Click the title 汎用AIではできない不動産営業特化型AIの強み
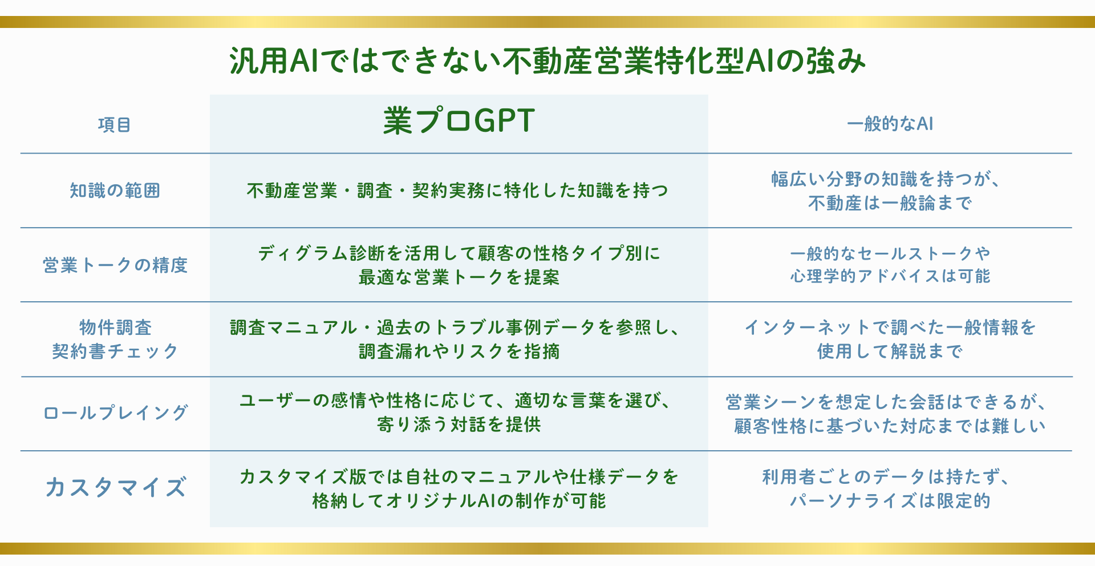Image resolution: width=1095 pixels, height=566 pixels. tap(547, 60)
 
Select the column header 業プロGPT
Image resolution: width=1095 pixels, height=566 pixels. tap(459, 121)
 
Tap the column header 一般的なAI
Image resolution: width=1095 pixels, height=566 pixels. tap(890, 124)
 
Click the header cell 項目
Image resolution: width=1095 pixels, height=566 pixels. tap(115, 124)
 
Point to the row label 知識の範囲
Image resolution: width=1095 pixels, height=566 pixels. tap(115, 191)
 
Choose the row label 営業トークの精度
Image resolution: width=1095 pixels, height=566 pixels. tap(115, 265)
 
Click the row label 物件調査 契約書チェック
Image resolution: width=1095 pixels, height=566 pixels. tap(115, 339)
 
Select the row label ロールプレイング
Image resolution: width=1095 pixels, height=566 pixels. tap(115, 413)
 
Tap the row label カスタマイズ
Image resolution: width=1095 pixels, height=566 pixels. tap(115, 488)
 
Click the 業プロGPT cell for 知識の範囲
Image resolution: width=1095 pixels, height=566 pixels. tap(458, 191)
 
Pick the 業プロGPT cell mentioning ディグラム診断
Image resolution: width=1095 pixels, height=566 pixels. tap(459, 265)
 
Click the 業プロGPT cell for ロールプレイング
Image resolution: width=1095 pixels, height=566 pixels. tap(456, 413)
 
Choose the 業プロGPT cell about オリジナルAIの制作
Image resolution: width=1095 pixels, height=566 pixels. tap(459, 488)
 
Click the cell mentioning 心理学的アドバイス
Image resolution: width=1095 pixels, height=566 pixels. tap(890, 265)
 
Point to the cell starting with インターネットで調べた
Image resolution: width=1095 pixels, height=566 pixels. tap(890, 339)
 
